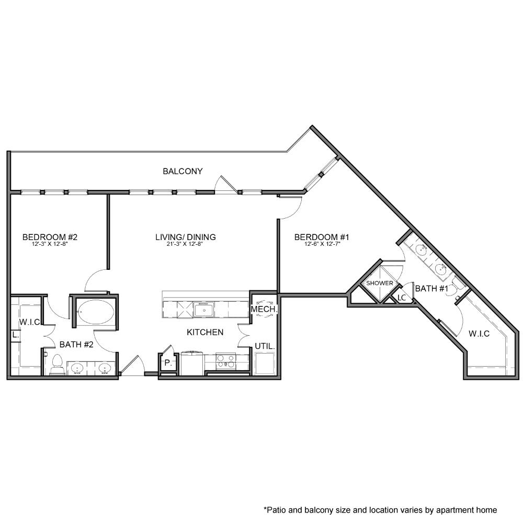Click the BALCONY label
pos(183,171)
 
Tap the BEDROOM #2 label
pos(50,237)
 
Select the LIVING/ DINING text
pos(186,237)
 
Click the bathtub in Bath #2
pos(95,312)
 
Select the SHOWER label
pos(379,283)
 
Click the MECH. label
pos(263,310)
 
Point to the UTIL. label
pos(265,346)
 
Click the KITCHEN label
pos(206,332)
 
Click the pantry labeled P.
pos(168,362)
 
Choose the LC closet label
pos(402,298)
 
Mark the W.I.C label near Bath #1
pos(479,334)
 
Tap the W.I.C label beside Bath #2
pos(30,322)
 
